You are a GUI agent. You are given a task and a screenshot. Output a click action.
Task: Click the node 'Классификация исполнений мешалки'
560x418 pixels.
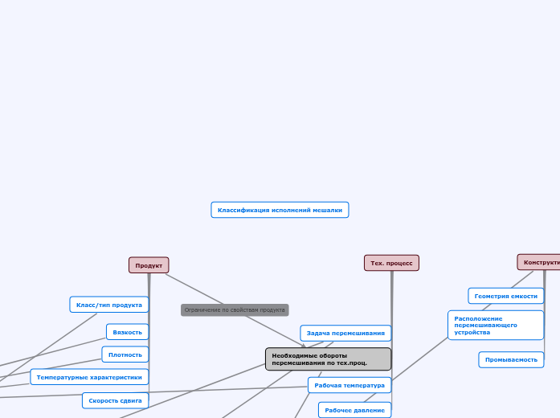click(280, 210)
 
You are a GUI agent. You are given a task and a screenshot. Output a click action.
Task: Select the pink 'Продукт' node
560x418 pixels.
click(149, 265)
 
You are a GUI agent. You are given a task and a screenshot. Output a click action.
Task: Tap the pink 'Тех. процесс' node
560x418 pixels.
click(391, 263)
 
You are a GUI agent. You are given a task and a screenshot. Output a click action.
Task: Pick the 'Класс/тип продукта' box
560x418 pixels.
click(109, 305)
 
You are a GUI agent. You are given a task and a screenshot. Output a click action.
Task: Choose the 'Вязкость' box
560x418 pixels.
click(127, 331)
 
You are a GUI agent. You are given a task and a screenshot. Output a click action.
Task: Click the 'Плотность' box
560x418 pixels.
click(125, 354)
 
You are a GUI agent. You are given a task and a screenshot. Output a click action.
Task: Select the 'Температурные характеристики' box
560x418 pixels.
click(89, 377)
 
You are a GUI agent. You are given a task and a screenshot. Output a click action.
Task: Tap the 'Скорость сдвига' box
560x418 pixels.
click(115, 400)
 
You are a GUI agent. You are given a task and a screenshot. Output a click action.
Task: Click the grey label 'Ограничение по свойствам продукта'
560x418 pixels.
click(235, 309)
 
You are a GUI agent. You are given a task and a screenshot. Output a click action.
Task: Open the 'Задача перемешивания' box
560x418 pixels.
click(345, 333)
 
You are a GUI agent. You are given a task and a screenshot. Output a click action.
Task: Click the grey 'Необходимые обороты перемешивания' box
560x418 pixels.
click(328, 359)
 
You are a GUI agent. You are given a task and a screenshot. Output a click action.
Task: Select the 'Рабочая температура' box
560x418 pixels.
click(349, 385)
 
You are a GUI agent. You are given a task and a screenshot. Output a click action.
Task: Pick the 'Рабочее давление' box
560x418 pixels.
click(354, 410)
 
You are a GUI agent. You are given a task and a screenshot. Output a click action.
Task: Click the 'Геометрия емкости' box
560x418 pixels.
click(505, 296)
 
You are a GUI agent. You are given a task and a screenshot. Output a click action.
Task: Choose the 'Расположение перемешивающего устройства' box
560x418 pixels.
click(495, 325)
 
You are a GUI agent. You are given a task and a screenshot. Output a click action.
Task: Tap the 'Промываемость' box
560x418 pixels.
click(511, 359)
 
